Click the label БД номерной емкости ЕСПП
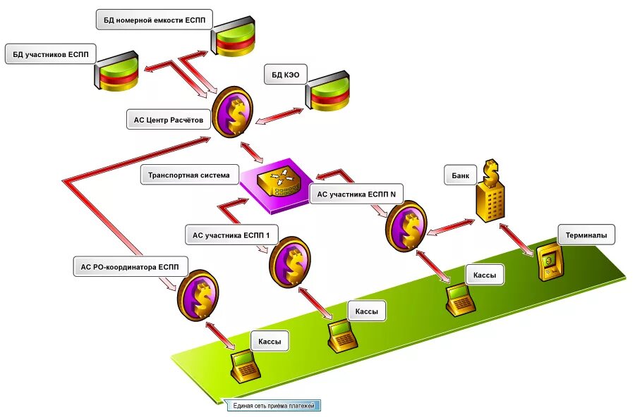pyautogui.click(x=155, y=20)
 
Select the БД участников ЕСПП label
pyautogui.click(x=51, y=54)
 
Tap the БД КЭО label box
pyautogui.click(x=286, y=75)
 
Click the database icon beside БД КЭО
pyautogui.click(x=327, y=92)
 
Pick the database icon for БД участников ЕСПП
pyautogui.click(x=116, y=70)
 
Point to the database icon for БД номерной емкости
pyautogui.click(x=232, y=36)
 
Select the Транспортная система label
pyautogui.click(x=188, y=175)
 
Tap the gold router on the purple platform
pyautogui.click(x=279, y=183)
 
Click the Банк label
pyautogui.click(x=461, y=175)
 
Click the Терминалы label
pyautogui.click(x=586, y=235)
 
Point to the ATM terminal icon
pyautogui.click(x=550, y=262)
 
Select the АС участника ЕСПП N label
pyautogui.click(x=356, y=194)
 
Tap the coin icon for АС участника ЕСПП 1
pyautogui.click(x=289, y=262)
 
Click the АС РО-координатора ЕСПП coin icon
pyautogui.click(x=198, y=295)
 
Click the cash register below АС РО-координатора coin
pyautogui.click(x=245, y=366)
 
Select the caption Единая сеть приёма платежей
pyautogui.click(x=274, y=406)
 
